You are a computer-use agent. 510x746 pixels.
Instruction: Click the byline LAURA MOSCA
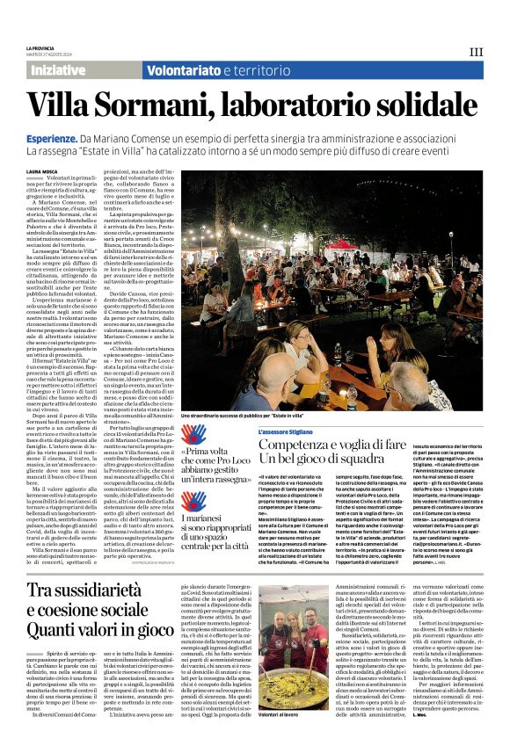point(42,172)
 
